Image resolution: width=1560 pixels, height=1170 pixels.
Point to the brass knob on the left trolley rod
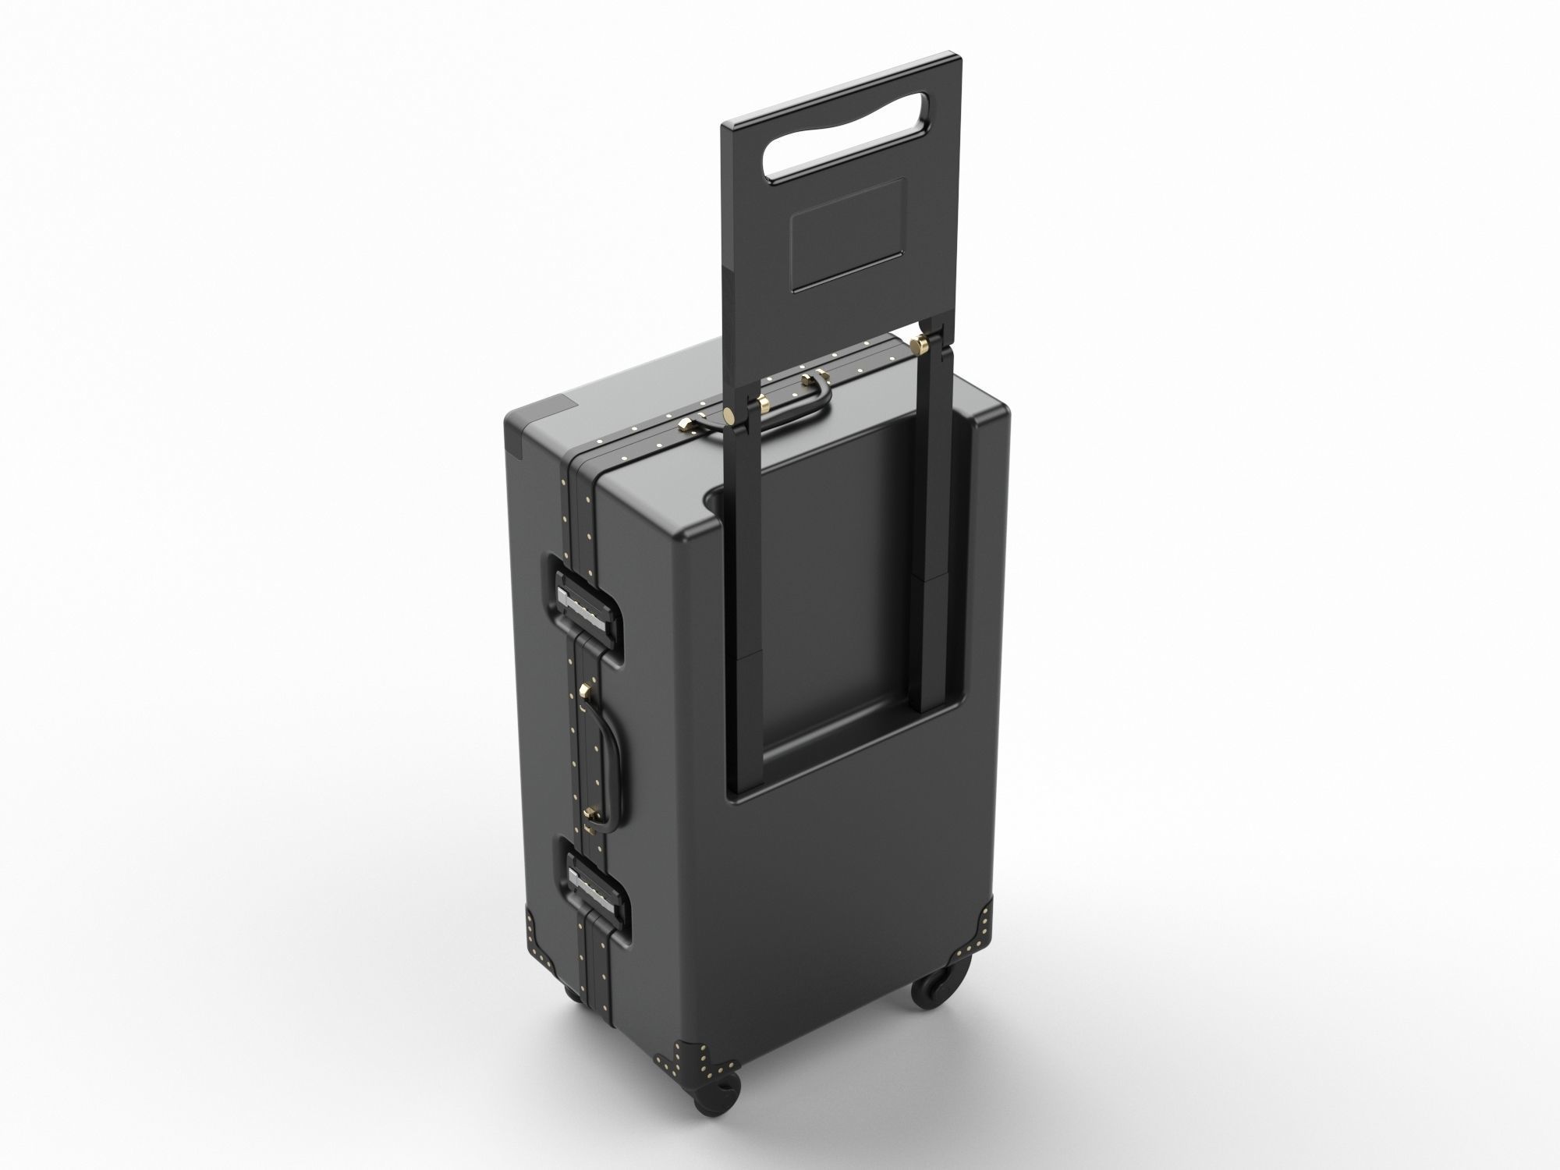point(729,414)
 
